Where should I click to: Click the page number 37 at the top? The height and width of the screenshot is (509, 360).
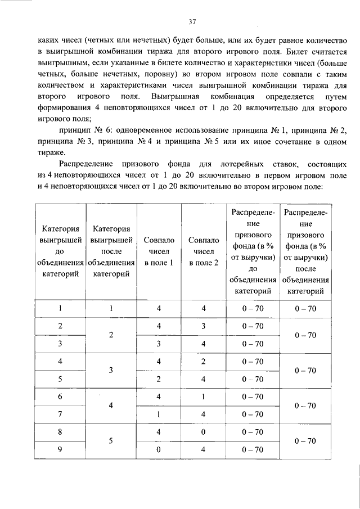pyautogui.click(x=192, y=22)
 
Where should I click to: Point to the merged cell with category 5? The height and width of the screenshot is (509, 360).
pyautogui.click(x=111, y=441)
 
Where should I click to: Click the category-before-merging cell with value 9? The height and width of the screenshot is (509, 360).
pyautogui.click(x=60, y=449)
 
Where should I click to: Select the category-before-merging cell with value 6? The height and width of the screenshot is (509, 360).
pyautogui.click(x=60, y=397)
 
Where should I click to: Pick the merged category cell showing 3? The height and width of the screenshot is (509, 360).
pyautogui.click(x=111, y=370)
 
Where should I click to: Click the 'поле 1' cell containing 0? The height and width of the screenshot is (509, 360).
pyautogui.click(x=159, y=449)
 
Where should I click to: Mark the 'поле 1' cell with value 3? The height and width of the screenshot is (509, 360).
pyautogui.click(x=159, y=343)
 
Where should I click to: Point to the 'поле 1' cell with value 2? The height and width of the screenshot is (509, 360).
pyautogui.click(x=159, y=379)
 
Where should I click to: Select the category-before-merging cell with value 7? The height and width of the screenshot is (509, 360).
pyautogui.click(x=60, y=415)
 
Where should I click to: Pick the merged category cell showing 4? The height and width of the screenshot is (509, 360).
pyautogui.click(x=111, y=406)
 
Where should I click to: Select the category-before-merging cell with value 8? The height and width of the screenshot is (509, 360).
pyautogui.click(x=60, y=432)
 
